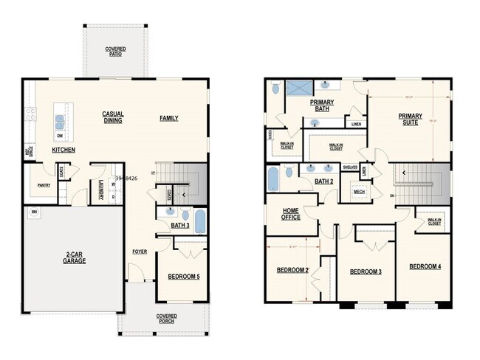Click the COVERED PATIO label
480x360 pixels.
[115, 52]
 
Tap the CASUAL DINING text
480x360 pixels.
[113, 117]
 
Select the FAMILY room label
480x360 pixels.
[169, 118]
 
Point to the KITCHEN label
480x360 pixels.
[64, 150]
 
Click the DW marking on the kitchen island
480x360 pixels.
[58, 136]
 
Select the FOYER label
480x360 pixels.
[140, 252]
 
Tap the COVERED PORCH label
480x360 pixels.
[166, 318]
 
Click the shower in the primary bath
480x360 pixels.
[298, 88]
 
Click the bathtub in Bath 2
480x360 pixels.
[273, 179]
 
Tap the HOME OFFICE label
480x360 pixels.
[290, 214]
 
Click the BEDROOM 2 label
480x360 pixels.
[292, 270]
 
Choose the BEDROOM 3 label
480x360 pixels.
[366, 272]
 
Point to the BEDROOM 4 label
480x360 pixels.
[425, 266]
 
